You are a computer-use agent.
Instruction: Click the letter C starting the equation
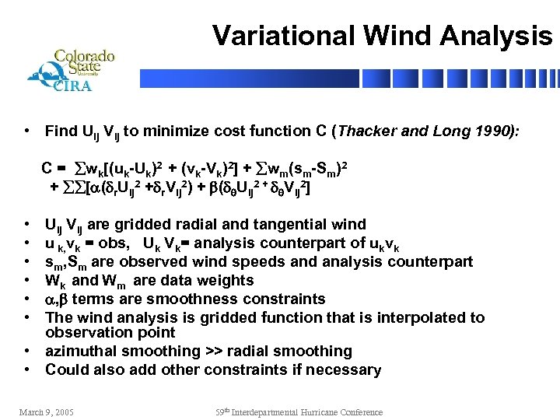point(47,167)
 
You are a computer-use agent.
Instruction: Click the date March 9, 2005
point(47,411)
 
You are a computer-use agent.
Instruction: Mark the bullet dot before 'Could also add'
point(27,370)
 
